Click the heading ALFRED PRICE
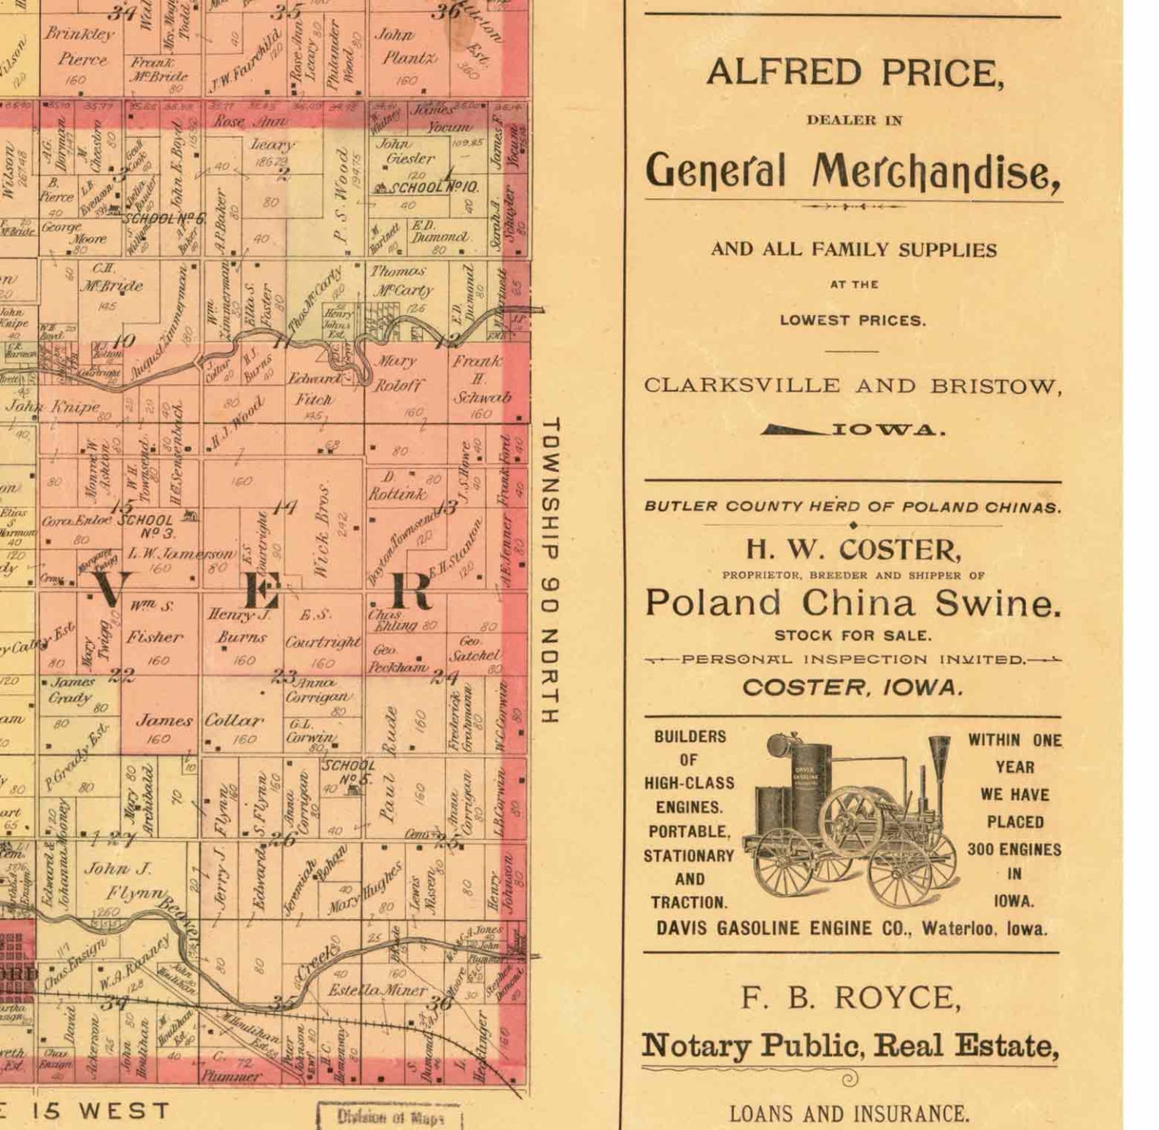point(854,73)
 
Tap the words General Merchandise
point(852,171)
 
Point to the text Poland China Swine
point(852,603)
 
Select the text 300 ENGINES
point(1014,849)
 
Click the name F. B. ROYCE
point(851,998)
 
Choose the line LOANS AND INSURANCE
point(850,1114)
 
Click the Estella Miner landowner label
point(377,990)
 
